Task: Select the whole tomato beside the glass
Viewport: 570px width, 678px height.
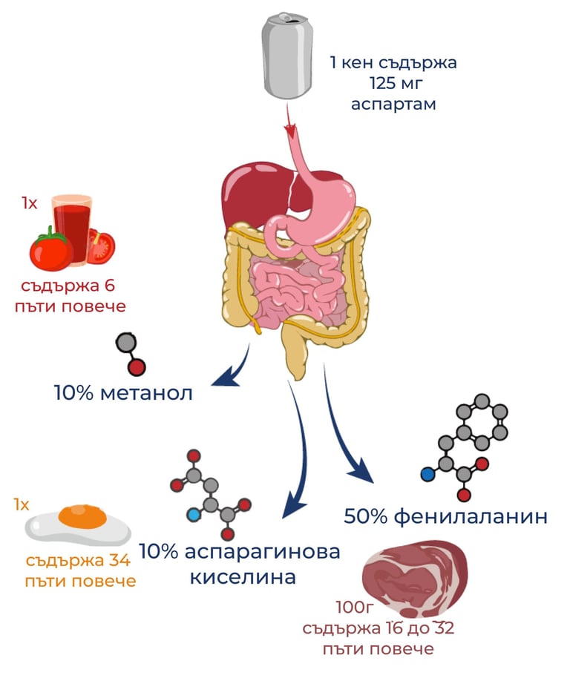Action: (51, 250)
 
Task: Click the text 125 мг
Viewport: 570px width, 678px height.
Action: (393, 82)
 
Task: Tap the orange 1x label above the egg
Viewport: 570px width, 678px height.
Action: (22, 505)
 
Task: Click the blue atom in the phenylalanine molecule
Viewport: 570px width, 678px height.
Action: (427, 474)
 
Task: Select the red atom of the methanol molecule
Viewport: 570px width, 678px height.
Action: (136, 367)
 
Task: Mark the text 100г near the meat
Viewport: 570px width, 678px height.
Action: (353, 608)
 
